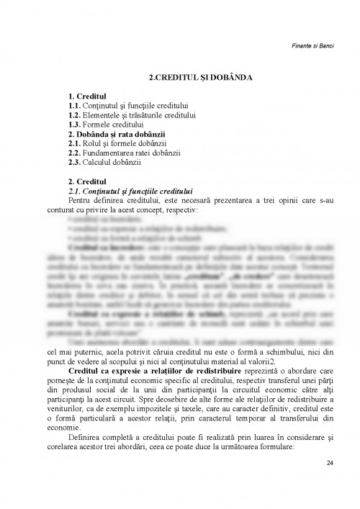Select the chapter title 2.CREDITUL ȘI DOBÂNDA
tap(179, 75)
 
